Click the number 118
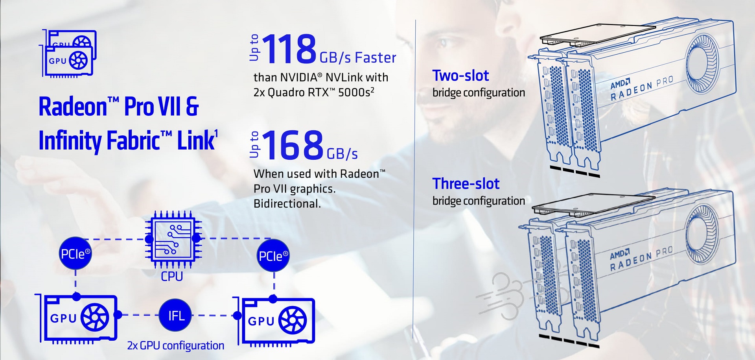pos(289,49)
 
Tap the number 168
pos(292,145)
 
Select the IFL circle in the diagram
pos(175,315)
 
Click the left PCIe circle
pos(75,253)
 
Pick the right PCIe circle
pos(273,255)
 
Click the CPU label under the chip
pos(172,276)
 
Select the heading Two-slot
pos(460,76)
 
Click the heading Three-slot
pos(466,184)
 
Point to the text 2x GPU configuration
pos(175,345)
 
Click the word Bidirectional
pos(287,204)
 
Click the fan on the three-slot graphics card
pos(702,233)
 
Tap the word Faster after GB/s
pos(376,58)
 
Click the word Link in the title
pos(196,140)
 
